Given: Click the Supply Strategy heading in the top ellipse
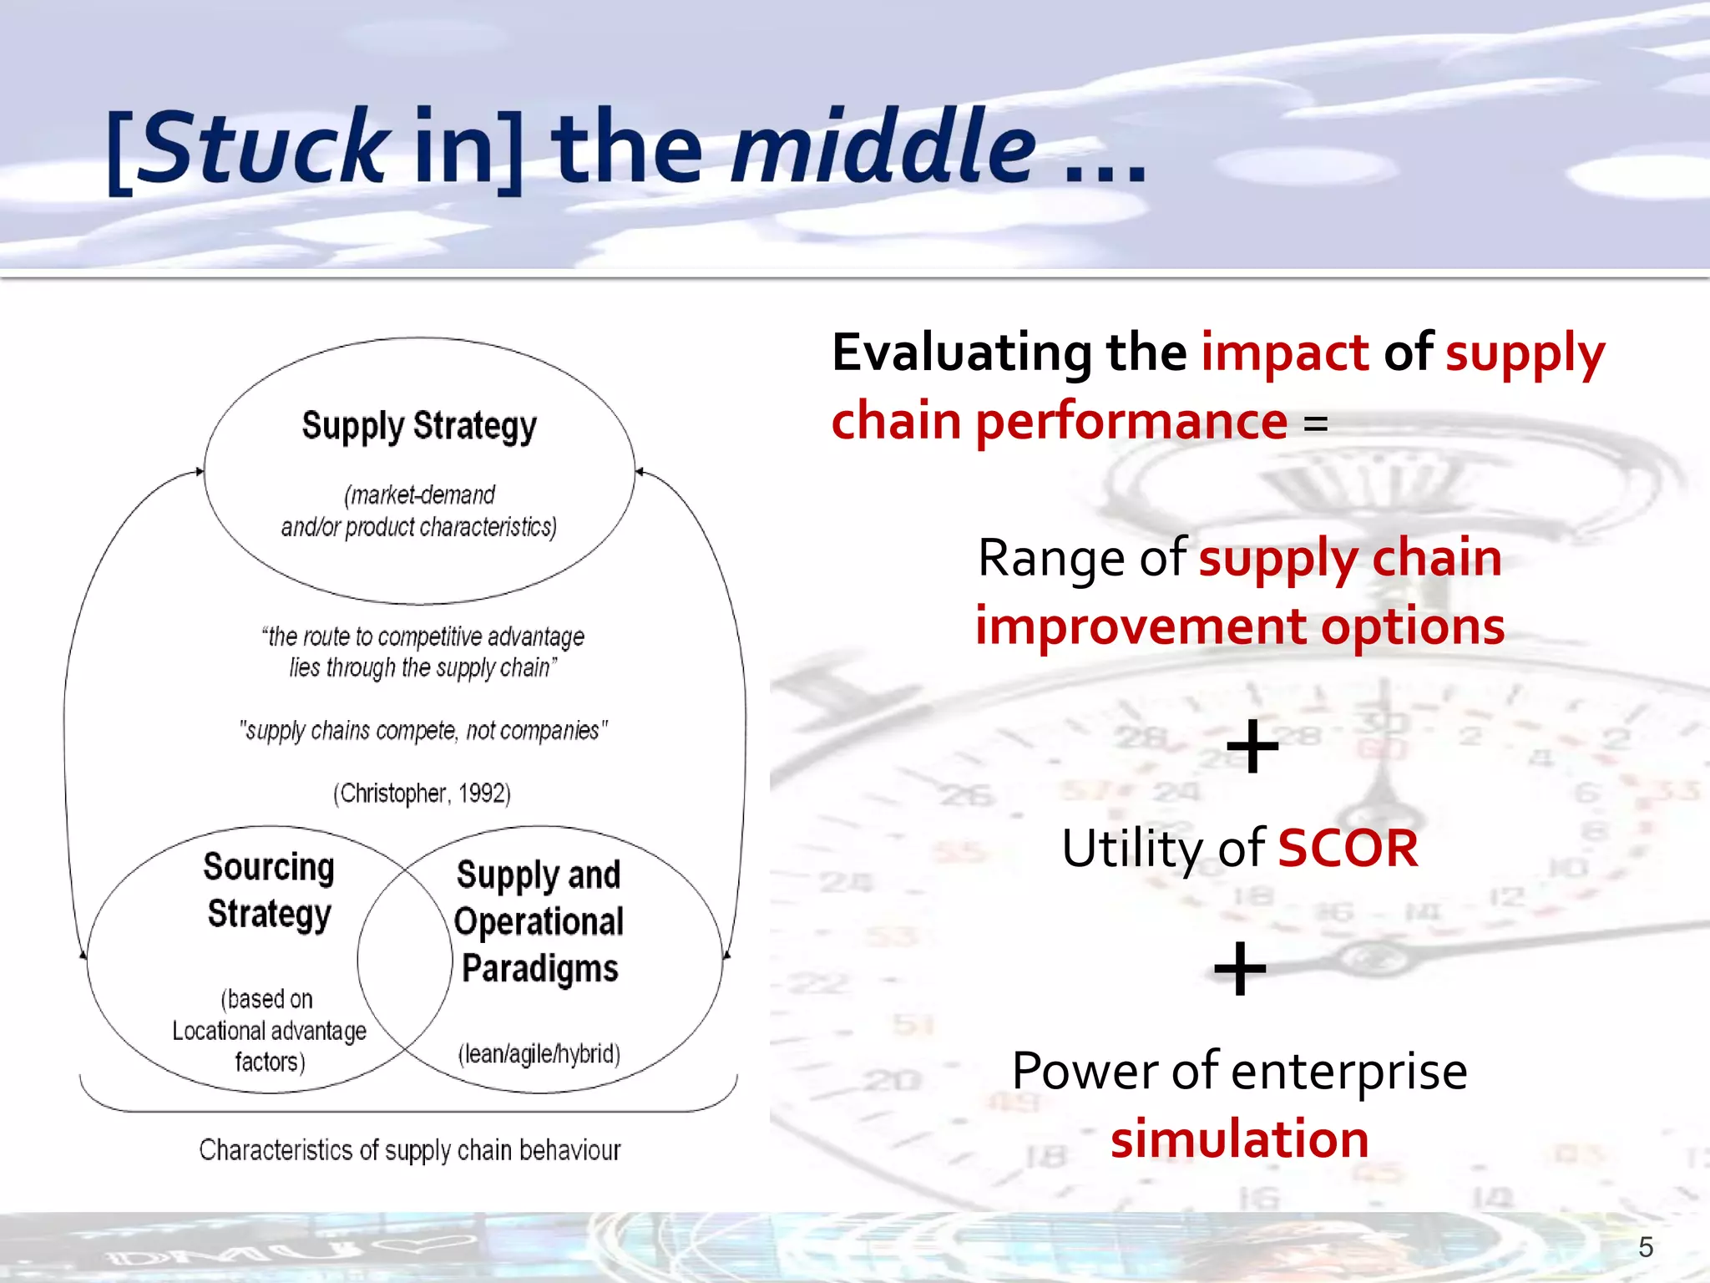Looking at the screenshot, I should (x=419, y=426).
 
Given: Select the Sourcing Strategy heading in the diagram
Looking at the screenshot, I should (x=269, y=890).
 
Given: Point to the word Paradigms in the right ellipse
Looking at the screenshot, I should (x=539, y=969).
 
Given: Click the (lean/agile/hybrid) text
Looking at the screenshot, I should (x=539, y=1054).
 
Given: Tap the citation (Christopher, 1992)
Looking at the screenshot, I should (x=422, y=793).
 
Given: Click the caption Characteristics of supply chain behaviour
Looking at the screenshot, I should (x=409, y=1150).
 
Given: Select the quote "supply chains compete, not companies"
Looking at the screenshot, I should (x=422, y=731).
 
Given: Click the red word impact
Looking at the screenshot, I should (x=1284, y=352).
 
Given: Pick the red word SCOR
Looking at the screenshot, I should (x=1348, y=849).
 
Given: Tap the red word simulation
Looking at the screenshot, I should (x=1239, y=1139).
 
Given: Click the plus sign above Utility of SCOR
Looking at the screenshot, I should (x=1252, y=746).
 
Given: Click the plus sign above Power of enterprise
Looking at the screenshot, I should (x=1240, y=969).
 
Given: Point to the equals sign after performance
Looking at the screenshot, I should (x=1315, y=423).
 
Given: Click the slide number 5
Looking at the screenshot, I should (x=1645, y=1247).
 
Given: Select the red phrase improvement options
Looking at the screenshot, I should (x=1239, y=626).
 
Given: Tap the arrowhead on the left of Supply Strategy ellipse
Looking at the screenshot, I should (x=200, y=471).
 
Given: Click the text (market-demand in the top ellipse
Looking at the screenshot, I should (x=419, y=495).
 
